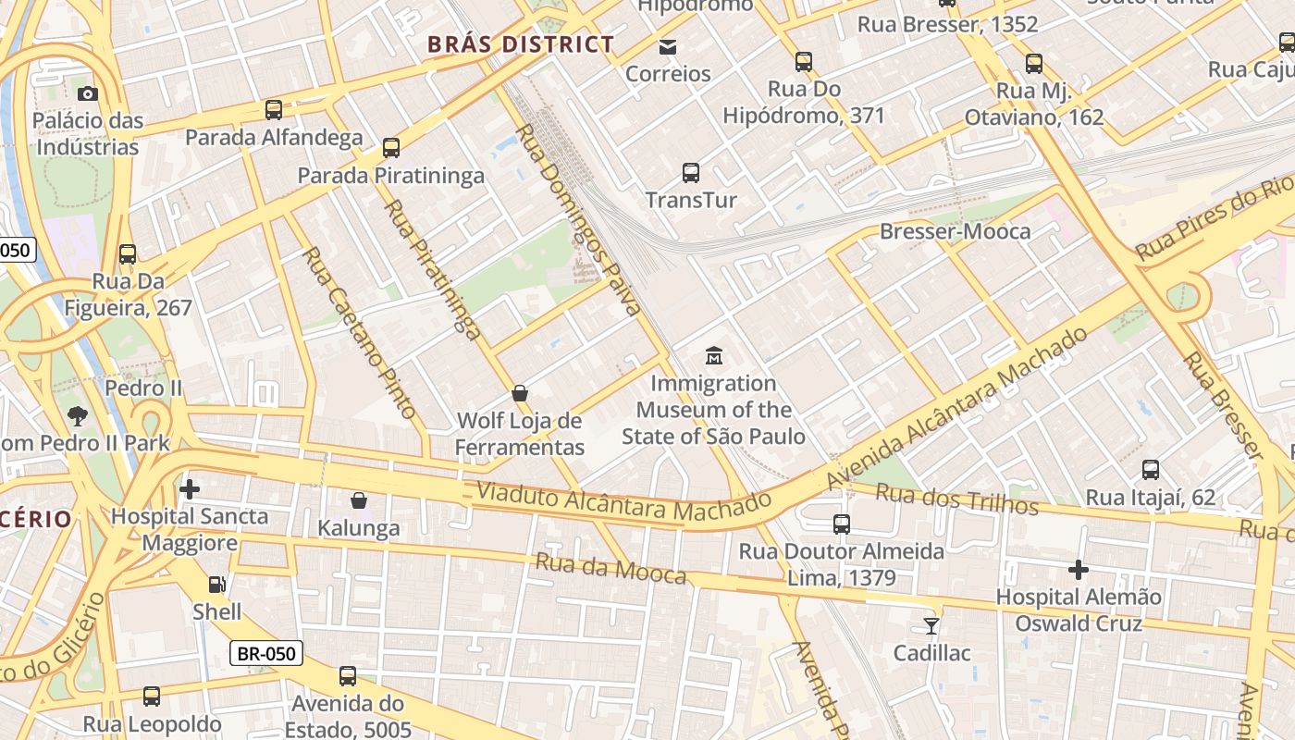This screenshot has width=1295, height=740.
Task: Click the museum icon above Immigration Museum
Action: pos(714,355)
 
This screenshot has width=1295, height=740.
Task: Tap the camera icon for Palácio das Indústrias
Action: pos(88,93)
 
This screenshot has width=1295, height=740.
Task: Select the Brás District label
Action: pos(521,44)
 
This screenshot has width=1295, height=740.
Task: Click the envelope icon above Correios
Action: pos(668,46)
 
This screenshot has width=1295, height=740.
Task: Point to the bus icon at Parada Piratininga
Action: pos(391,148)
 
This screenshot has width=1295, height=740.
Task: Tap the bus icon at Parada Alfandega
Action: pos(274,110)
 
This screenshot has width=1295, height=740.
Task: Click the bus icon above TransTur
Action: pos(691,172)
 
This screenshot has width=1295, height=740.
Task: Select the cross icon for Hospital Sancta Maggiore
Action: pos(190,488)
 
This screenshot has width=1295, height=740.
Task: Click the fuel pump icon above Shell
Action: pos(216,584)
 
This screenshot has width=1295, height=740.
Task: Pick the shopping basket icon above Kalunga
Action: pos(359,500)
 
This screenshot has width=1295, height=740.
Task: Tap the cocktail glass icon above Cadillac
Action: pos(931,626)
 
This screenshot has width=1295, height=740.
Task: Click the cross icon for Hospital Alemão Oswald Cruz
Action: pos(1079,570)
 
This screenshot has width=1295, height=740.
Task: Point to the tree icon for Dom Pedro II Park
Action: pos(78,416)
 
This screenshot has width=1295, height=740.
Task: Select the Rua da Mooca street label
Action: pos(610,568)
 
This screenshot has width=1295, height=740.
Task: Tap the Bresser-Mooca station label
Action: pos(955,231)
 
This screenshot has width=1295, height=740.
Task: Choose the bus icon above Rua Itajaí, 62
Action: pos(1151,470)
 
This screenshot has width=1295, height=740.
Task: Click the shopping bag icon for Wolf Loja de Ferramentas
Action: pos(520,393)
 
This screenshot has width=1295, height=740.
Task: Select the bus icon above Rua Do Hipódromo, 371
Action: pos(804,62)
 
